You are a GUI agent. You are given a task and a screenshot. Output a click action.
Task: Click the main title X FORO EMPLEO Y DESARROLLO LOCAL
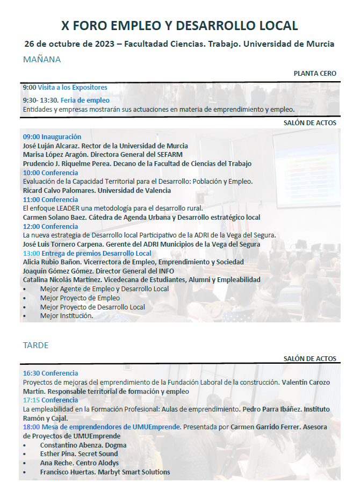tap(179, 25)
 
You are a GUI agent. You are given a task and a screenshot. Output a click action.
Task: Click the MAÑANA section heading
tap(42, 60)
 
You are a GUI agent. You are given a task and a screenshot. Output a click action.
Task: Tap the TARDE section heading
tap(35, 345)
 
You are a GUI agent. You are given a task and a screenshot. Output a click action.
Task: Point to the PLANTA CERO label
tap(315, 73)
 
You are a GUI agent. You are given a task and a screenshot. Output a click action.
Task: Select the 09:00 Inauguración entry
tap(52, 137)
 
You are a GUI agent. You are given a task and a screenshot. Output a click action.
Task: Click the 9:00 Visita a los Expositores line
tap(65, 87)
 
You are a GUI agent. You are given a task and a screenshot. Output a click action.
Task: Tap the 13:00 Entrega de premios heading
tap(87, 253)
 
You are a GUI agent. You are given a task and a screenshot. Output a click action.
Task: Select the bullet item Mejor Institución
tap(66, 316)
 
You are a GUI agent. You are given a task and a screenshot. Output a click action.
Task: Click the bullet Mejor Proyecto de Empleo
tap(80, 298)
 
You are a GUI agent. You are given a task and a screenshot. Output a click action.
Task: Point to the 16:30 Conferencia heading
tap(51, 373)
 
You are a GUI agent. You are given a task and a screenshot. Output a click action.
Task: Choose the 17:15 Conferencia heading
tap(51, 400)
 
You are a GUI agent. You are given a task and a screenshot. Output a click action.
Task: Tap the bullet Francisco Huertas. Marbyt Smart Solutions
tap(105, 472)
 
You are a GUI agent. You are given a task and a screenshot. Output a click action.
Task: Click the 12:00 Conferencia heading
tap(51, 226)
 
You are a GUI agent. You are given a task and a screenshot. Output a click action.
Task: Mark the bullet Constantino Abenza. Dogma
tap(83, 445)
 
